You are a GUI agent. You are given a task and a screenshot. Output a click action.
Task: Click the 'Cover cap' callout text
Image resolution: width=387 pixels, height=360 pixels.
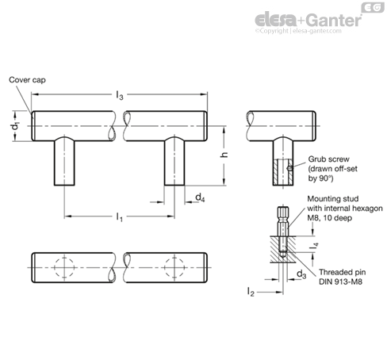tap(27, 80)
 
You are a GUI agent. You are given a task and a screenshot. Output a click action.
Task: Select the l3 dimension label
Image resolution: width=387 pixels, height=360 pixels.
tap(120, 95)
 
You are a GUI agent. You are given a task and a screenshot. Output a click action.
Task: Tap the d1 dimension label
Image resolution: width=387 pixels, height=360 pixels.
tap(17, 126)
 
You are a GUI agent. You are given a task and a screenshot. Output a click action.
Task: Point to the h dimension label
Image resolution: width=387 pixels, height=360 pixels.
tap(224, 155)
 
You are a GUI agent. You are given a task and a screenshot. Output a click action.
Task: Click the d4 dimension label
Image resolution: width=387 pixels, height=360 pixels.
tap(200, 197)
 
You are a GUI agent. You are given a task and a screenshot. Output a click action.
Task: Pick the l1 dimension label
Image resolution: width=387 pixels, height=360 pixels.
tap(120, 217)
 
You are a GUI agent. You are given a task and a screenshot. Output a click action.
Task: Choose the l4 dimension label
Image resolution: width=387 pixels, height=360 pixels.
tap(315, 246)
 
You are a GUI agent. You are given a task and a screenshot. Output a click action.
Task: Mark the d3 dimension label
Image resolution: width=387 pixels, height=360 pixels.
tap(301, 274)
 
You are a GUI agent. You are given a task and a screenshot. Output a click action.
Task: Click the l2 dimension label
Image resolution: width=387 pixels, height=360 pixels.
tap(251, 292)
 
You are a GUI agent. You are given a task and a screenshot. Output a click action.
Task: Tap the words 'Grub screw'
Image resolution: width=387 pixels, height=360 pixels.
tap(328, 159)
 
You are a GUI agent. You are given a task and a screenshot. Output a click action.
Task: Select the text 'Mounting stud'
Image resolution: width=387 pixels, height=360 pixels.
tap(333, 199)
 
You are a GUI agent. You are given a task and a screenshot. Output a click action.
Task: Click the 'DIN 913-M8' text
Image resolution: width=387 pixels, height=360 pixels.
tap(340, 281)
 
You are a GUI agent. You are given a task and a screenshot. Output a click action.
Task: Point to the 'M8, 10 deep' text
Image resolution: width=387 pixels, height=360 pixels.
tap(329, 218)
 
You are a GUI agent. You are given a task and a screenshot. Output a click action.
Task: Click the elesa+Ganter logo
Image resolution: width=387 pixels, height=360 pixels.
tap(308, 20)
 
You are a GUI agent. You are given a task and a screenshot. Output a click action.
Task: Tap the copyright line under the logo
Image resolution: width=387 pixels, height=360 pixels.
tap(298, 31)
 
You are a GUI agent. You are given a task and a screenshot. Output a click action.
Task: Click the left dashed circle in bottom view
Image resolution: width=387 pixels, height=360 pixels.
tap(64, 267)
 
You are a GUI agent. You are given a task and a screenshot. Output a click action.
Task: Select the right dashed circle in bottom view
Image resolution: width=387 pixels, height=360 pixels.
tap(174, 267)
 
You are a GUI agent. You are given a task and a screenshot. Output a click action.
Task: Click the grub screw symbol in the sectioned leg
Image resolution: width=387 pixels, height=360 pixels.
tap(289, 167)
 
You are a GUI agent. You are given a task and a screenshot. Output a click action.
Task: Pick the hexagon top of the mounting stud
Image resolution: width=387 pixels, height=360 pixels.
tap(283, 211)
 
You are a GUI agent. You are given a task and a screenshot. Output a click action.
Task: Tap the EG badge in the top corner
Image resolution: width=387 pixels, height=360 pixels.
tap(373, 7)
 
